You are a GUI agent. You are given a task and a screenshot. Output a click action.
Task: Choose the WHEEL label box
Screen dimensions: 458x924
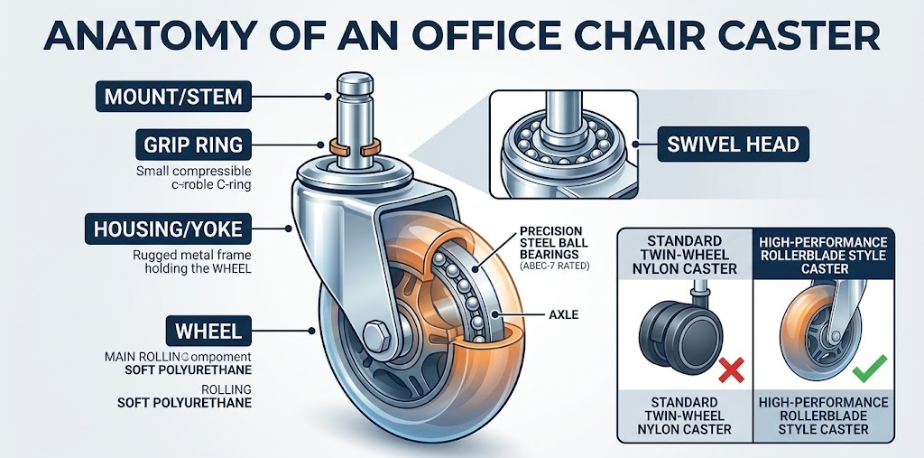[208, 331]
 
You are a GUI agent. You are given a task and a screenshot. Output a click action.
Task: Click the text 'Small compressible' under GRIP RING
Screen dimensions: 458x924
[193, 171]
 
